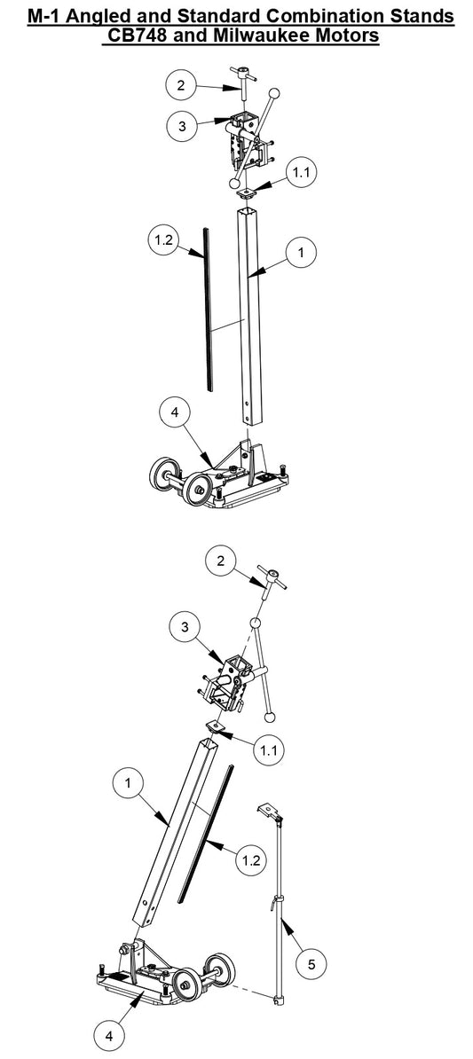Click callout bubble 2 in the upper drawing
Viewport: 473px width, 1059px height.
[x=181, y=85]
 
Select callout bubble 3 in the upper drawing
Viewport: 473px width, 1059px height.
[x=181, y=126]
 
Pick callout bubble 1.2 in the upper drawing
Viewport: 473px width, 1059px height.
[x=165, y=240]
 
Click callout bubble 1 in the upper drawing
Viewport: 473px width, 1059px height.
[x=302, y=253]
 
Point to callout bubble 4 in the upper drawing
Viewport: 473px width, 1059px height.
[x=175, y=412]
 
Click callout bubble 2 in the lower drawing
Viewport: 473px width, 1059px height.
[x=221, y=561]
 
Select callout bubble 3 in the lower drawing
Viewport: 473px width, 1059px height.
[x=183, y=627]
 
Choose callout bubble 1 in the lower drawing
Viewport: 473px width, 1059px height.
[x=130, y=783]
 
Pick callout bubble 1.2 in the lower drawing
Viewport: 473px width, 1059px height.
[x=251, y=859]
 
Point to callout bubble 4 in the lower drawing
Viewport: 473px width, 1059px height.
[x=109, y=1033]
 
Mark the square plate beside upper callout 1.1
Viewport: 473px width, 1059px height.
[x=245, y=189]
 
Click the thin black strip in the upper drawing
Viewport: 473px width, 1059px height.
[x=209, y=310]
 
